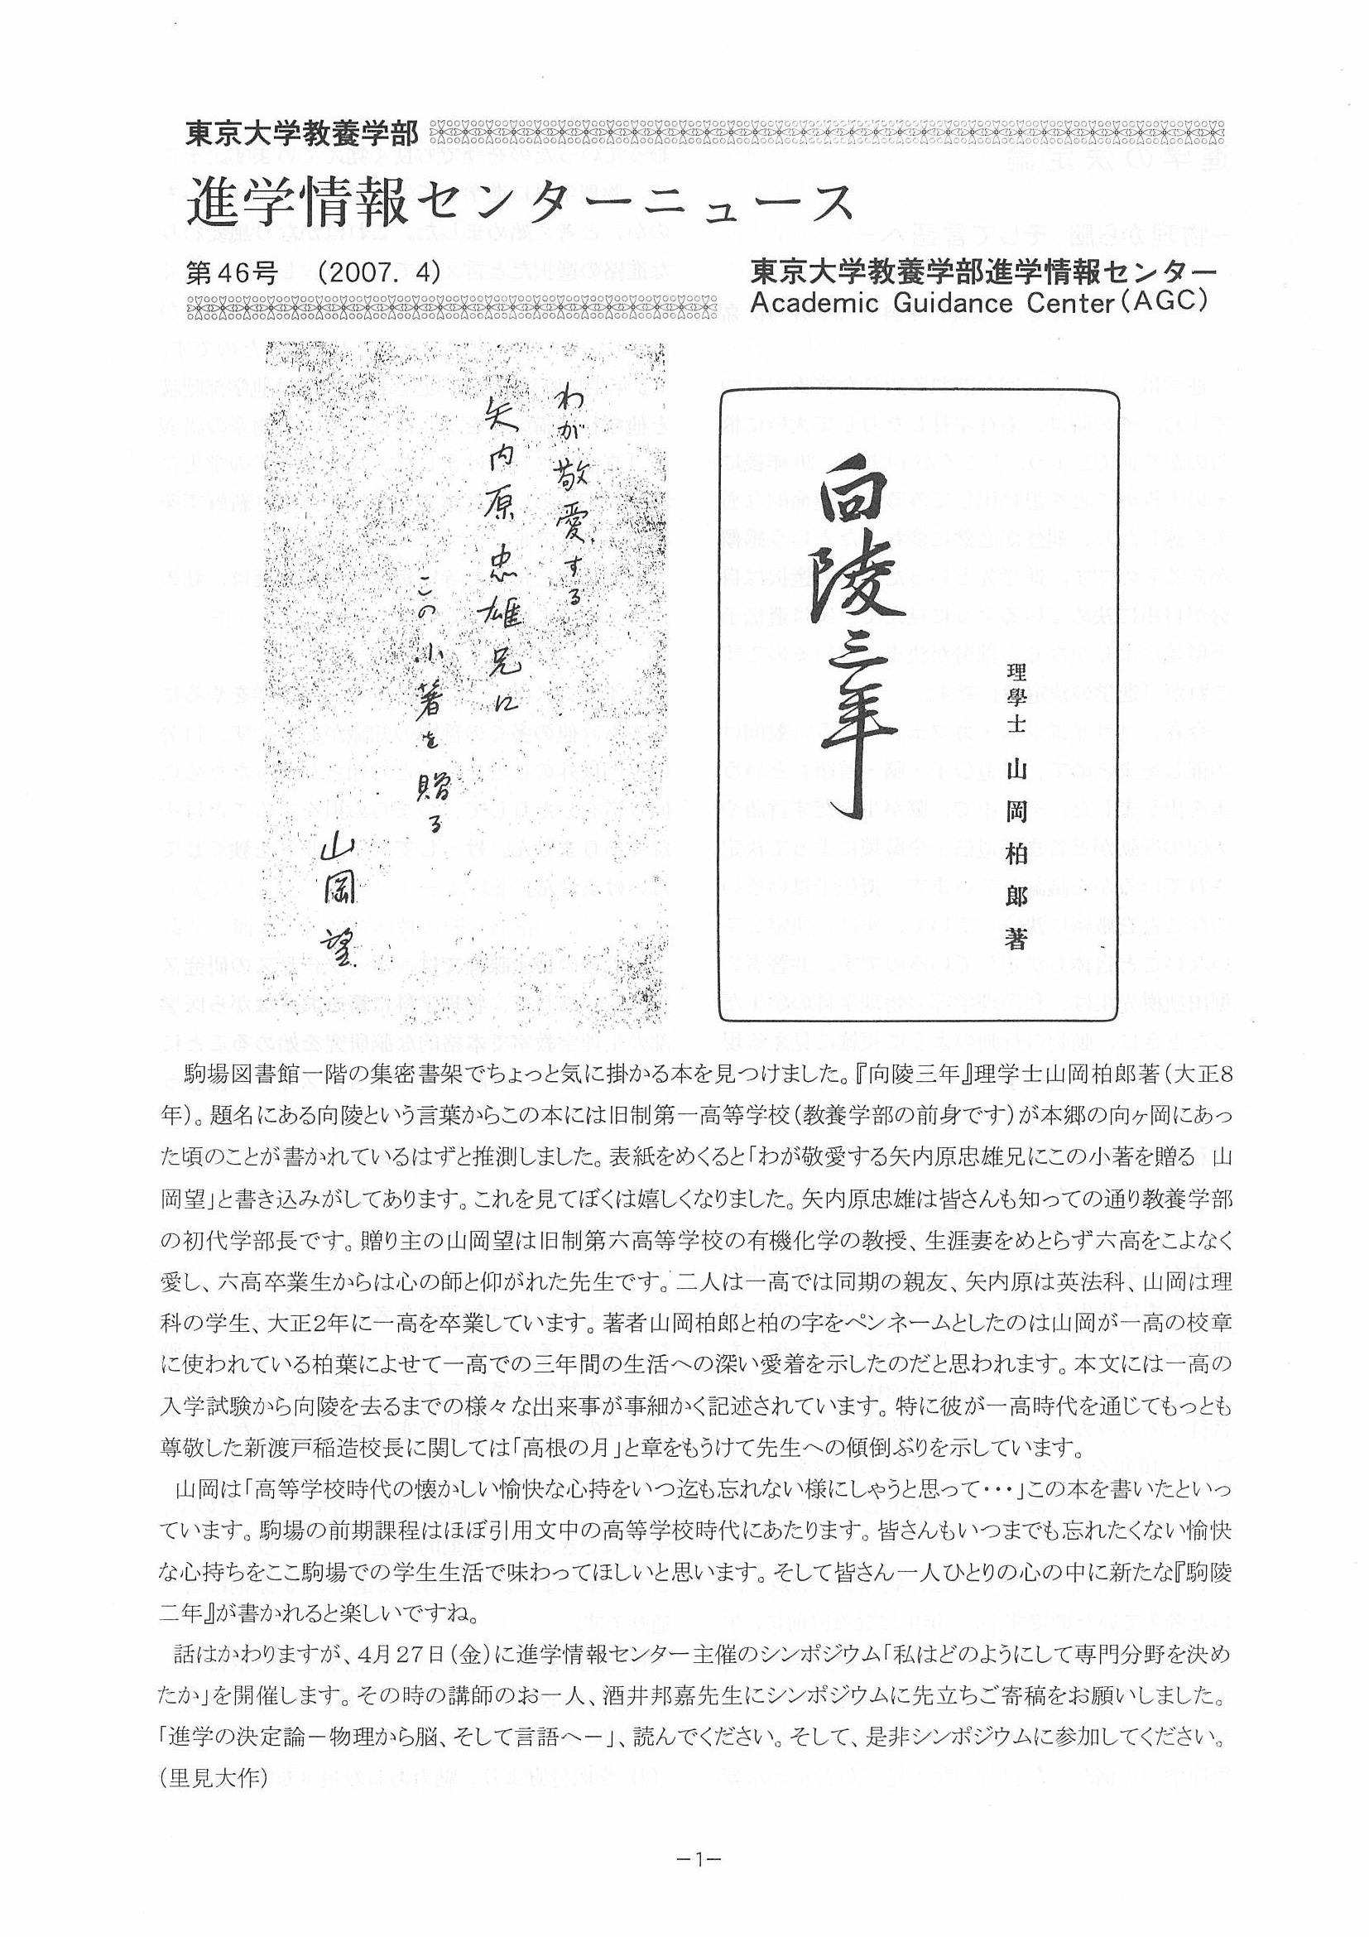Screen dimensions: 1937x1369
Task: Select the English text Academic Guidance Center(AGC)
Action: pyautogui.click(x=973, y=301)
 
